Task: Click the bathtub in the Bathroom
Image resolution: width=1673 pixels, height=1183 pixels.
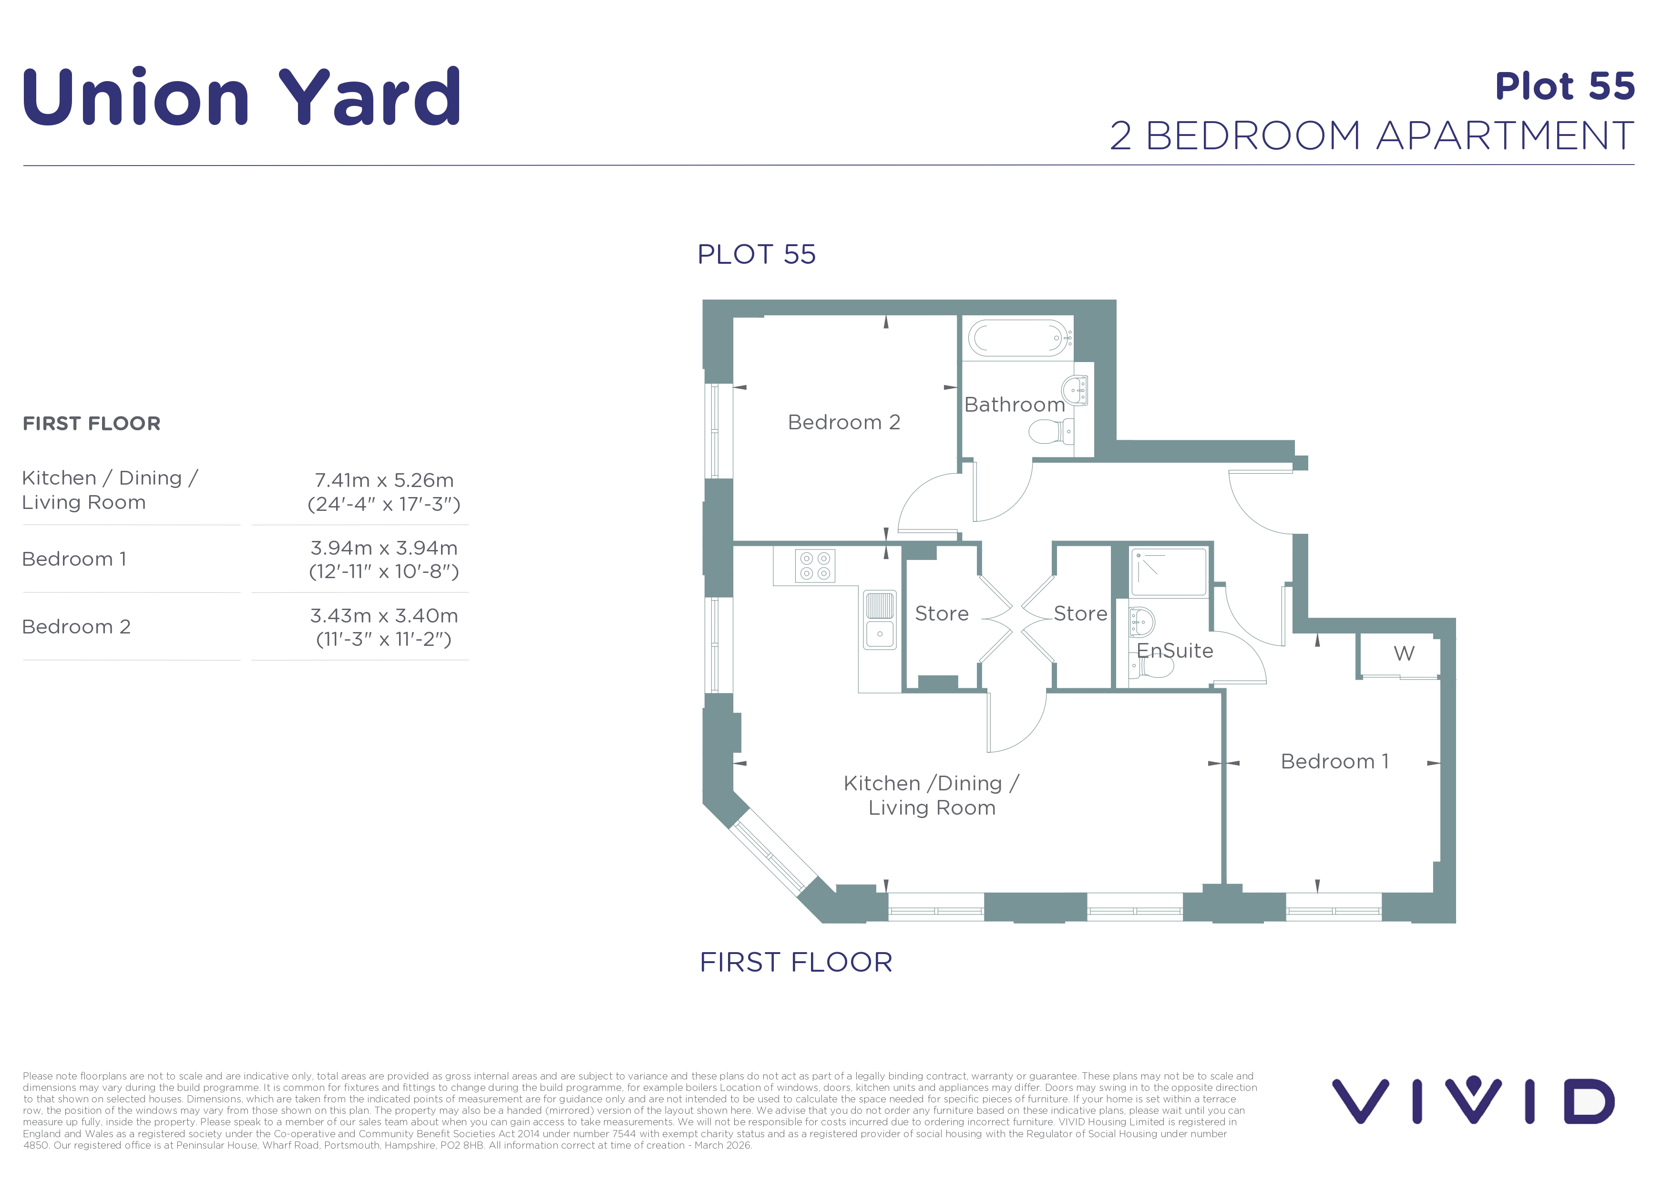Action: point(1019,338)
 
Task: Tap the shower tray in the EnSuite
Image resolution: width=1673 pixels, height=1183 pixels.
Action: point(1169,572)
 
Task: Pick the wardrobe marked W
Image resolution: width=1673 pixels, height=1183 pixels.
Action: point(1399,654)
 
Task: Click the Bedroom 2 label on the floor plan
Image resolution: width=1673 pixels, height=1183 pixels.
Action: point(844,422)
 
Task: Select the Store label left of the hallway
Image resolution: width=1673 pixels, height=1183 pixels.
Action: point(942,614)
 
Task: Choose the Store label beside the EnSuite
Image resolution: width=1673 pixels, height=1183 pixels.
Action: point(1080,614)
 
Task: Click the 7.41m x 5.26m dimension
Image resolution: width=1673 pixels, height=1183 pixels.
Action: point(384,480)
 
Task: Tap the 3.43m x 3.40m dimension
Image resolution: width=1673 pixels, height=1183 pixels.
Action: point(384,616)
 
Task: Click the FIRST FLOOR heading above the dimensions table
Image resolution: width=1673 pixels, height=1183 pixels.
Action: point(91,424)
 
